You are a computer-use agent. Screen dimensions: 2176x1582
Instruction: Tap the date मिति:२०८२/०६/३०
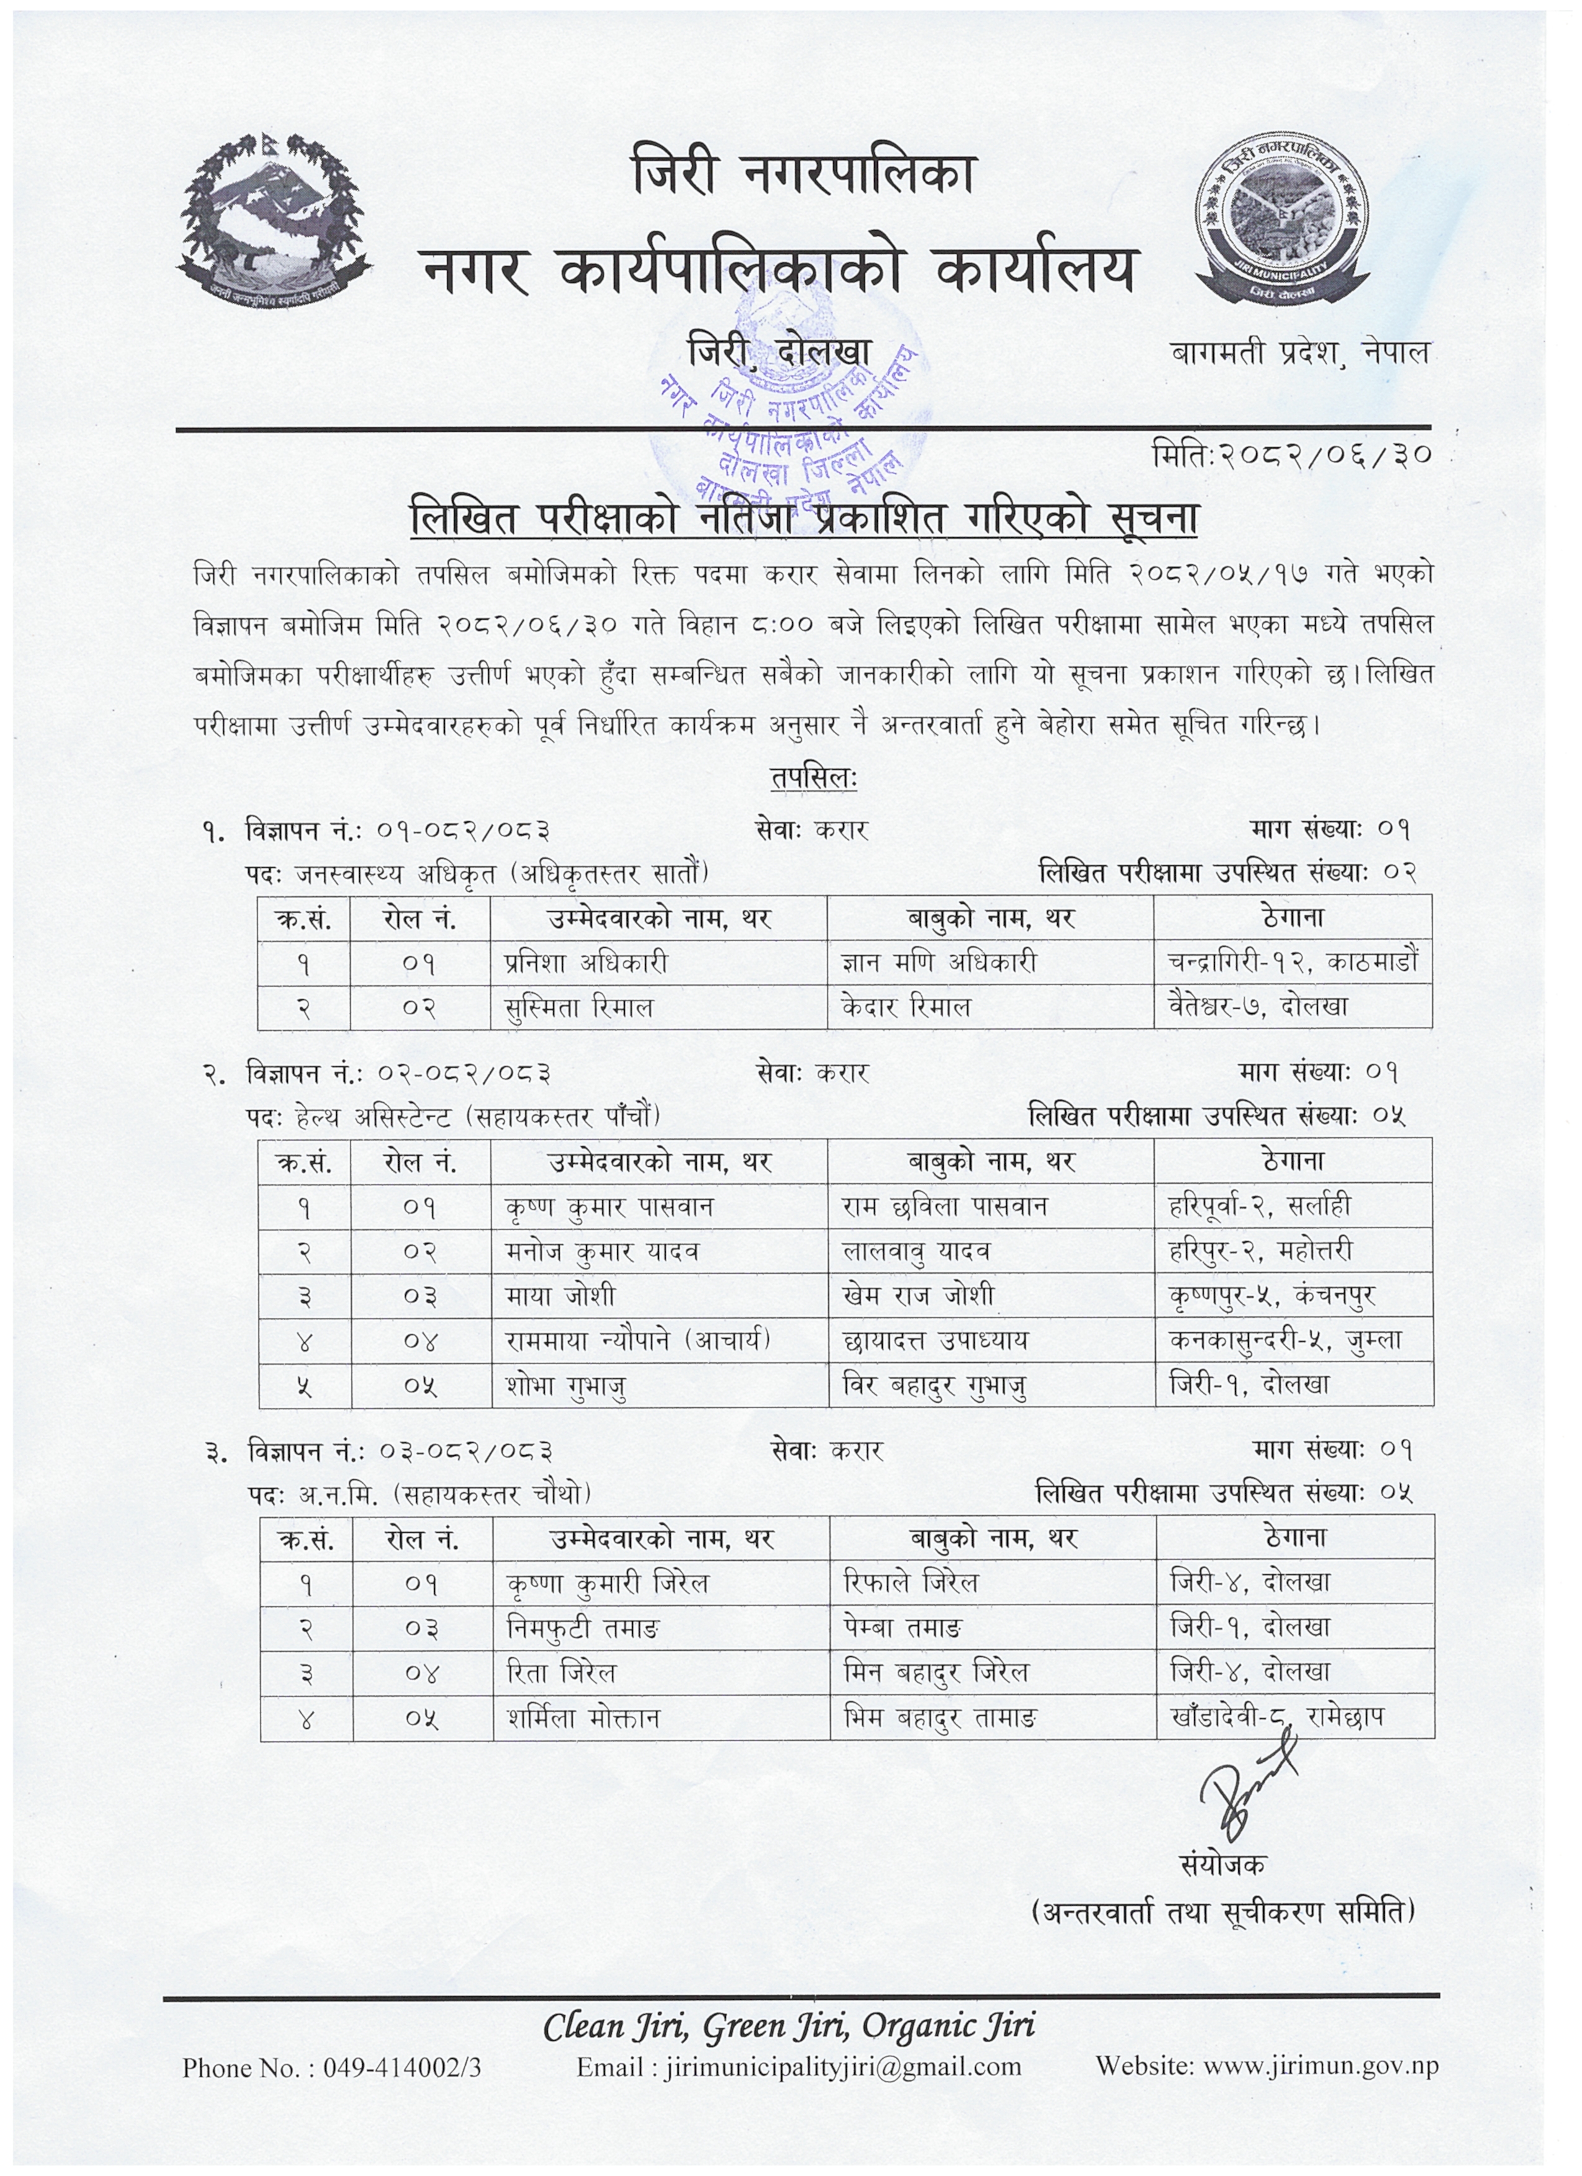[1290, 454]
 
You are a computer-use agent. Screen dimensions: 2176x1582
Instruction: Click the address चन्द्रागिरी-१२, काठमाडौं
[1292, 961]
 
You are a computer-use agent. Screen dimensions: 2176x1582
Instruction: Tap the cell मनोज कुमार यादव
[602, 1251]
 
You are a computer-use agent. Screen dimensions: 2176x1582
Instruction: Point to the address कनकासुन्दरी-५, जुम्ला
[1285, 1340]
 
